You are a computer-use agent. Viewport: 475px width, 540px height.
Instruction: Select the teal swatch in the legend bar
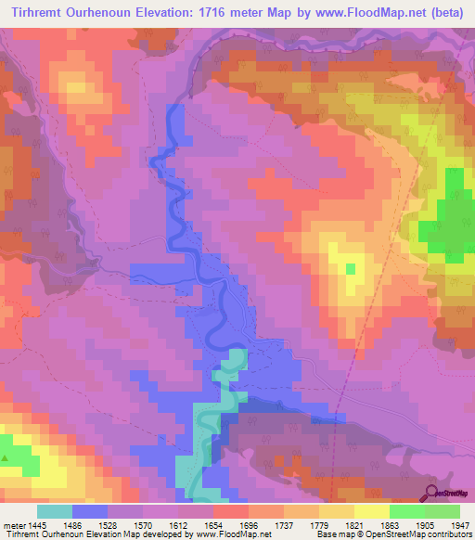click(55, 511)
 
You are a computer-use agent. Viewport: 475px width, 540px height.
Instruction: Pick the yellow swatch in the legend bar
click(371, 511)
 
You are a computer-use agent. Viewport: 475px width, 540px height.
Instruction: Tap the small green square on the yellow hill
click(351, 268)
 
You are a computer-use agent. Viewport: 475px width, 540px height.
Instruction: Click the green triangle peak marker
click(6, 458)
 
